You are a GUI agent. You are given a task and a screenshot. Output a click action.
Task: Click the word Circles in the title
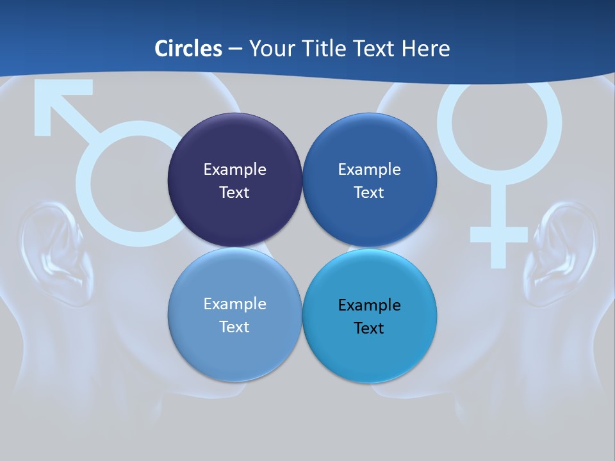188,49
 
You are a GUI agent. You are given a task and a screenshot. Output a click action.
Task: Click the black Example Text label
369,316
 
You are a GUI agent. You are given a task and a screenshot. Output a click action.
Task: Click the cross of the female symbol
499,234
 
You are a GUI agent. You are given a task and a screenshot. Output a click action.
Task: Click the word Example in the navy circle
234,170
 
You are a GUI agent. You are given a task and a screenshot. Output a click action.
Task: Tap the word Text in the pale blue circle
234,327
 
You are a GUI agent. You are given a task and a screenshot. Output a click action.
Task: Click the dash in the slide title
235,49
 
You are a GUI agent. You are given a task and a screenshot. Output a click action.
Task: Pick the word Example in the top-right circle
369,170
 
